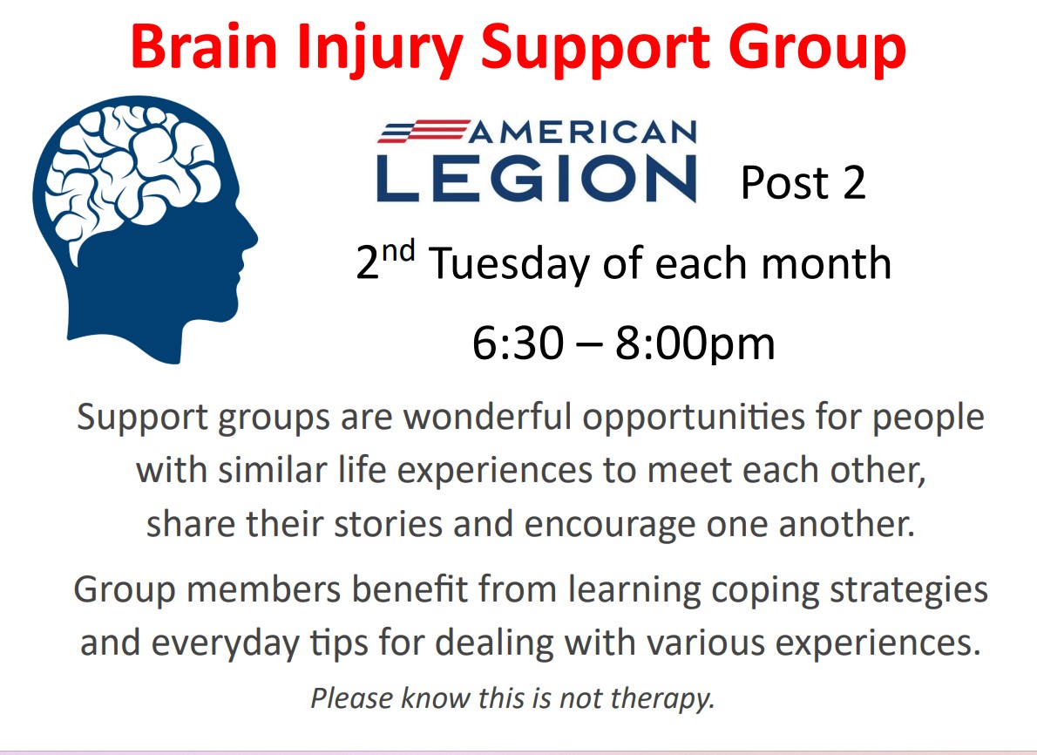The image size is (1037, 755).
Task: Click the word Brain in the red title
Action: [x=205, y=47]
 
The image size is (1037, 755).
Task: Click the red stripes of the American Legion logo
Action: [x=424, y=131]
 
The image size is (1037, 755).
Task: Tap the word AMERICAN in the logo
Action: [x=583, y=133]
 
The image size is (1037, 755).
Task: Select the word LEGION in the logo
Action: [x=536, y=179]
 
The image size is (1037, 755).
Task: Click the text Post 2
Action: [x=803, y=182]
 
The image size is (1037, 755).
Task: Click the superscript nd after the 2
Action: [x=399, y=251]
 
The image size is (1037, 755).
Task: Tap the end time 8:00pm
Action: [x=695, y=345]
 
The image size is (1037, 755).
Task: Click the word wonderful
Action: [x=487, y=417]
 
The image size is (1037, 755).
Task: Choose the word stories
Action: [x=388, y=524]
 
